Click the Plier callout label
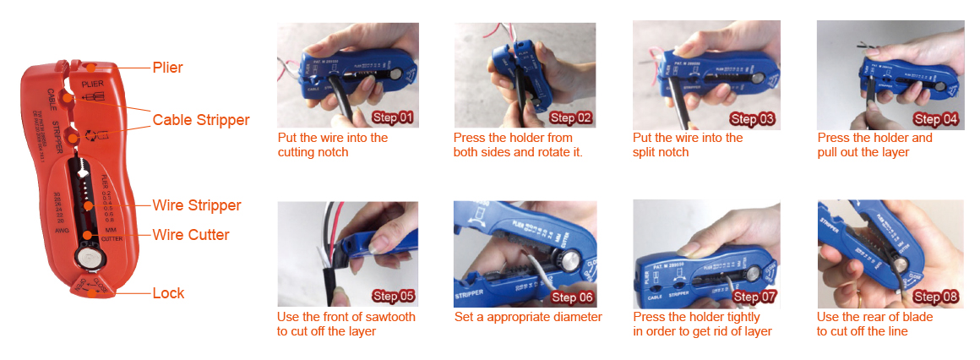[167, 68]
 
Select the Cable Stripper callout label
[201, 120]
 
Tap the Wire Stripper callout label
[197, 205]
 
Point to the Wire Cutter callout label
[191, 234]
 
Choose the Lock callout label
[168, 293]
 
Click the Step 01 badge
[393, 118]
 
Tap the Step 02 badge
[571, 118]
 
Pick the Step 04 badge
[936, 119]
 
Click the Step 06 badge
[573, 297]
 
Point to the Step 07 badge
[754, 297]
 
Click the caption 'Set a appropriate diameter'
[528, 317]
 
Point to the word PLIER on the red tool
[92, 85]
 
